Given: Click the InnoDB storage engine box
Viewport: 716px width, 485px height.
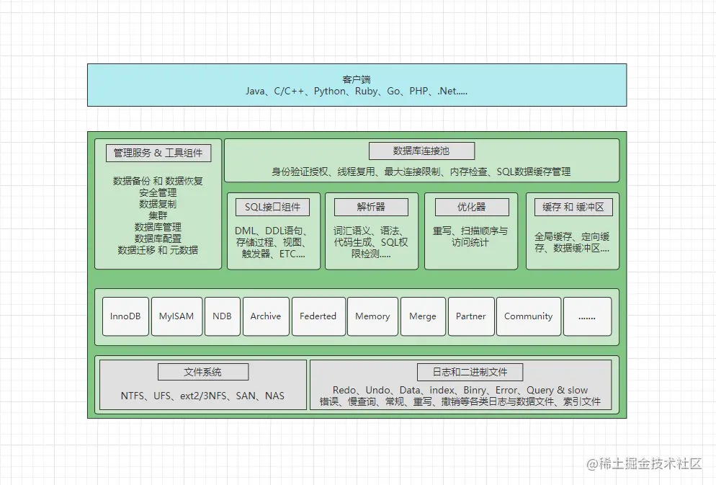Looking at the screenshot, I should pyautogui.click(x=125, y=316).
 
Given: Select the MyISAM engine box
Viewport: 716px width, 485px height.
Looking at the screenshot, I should pyautogui.click(x=176, y=316).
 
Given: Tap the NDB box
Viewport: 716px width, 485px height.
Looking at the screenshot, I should pyautogui.click(x=222, y=316).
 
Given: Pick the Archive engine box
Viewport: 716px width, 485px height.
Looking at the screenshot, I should pyautogui.click(x=266, y=316).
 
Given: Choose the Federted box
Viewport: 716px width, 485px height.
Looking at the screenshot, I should pyautogui.click(x=318, y=316).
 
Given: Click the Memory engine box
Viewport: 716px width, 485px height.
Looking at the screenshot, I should pyautogui.click(x=372, y=316).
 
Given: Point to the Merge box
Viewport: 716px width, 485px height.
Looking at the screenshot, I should pyautogui.click(x=423, y=316).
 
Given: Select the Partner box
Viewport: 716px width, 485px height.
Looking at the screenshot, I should pyautogui.click(x=471, y=316).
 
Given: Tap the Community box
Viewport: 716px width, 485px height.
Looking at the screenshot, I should pyautogui.click(x=529, y=316).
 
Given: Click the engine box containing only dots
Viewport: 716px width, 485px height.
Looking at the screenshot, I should pyautogui.click(x=587, y=316).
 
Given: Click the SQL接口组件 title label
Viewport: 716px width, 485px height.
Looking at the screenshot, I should pyautogui.click(x=272, y=208).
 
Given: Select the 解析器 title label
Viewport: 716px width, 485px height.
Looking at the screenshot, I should pyautogui.click(x=371, y=208).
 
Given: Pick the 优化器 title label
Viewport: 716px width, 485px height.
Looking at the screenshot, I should pyautogui.click(x=472, y=208).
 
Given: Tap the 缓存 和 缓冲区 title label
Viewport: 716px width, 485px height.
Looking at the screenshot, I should pyautogui.click(x=573, y=208).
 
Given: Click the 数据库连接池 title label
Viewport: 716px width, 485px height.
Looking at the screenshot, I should pyautogui.click(x=421, y=151).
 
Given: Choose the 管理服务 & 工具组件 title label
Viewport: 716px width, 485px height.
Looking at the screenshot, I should pyautogui.click(x=158, y=153).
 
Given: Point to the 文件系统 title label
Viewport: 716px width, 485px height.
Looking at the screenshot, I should pyautogui.click(x=203, y=373).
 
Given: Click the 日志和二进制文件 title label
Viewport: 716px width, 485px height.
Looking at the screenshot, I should pyautogui.click(x=470, y=373).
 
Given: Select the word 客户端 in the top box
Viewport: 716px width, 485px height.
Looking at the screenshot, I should pyautogui.click(x=357, y=79).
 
